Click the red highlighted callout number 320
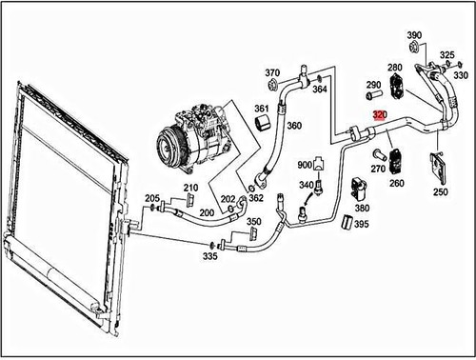point(381,114)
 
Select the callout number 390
point(414,36)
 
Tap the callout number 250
point(440,192)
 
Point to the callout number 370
point(272,73)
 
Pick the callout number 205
point(152,198)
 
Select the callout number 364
point(320,90)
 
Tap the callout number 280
point(395,68)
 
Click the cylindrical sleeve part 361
point(261,128)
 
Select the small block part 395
point(347,224)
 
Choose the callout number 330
point(461,74)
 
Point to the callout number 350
point(253,222)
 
